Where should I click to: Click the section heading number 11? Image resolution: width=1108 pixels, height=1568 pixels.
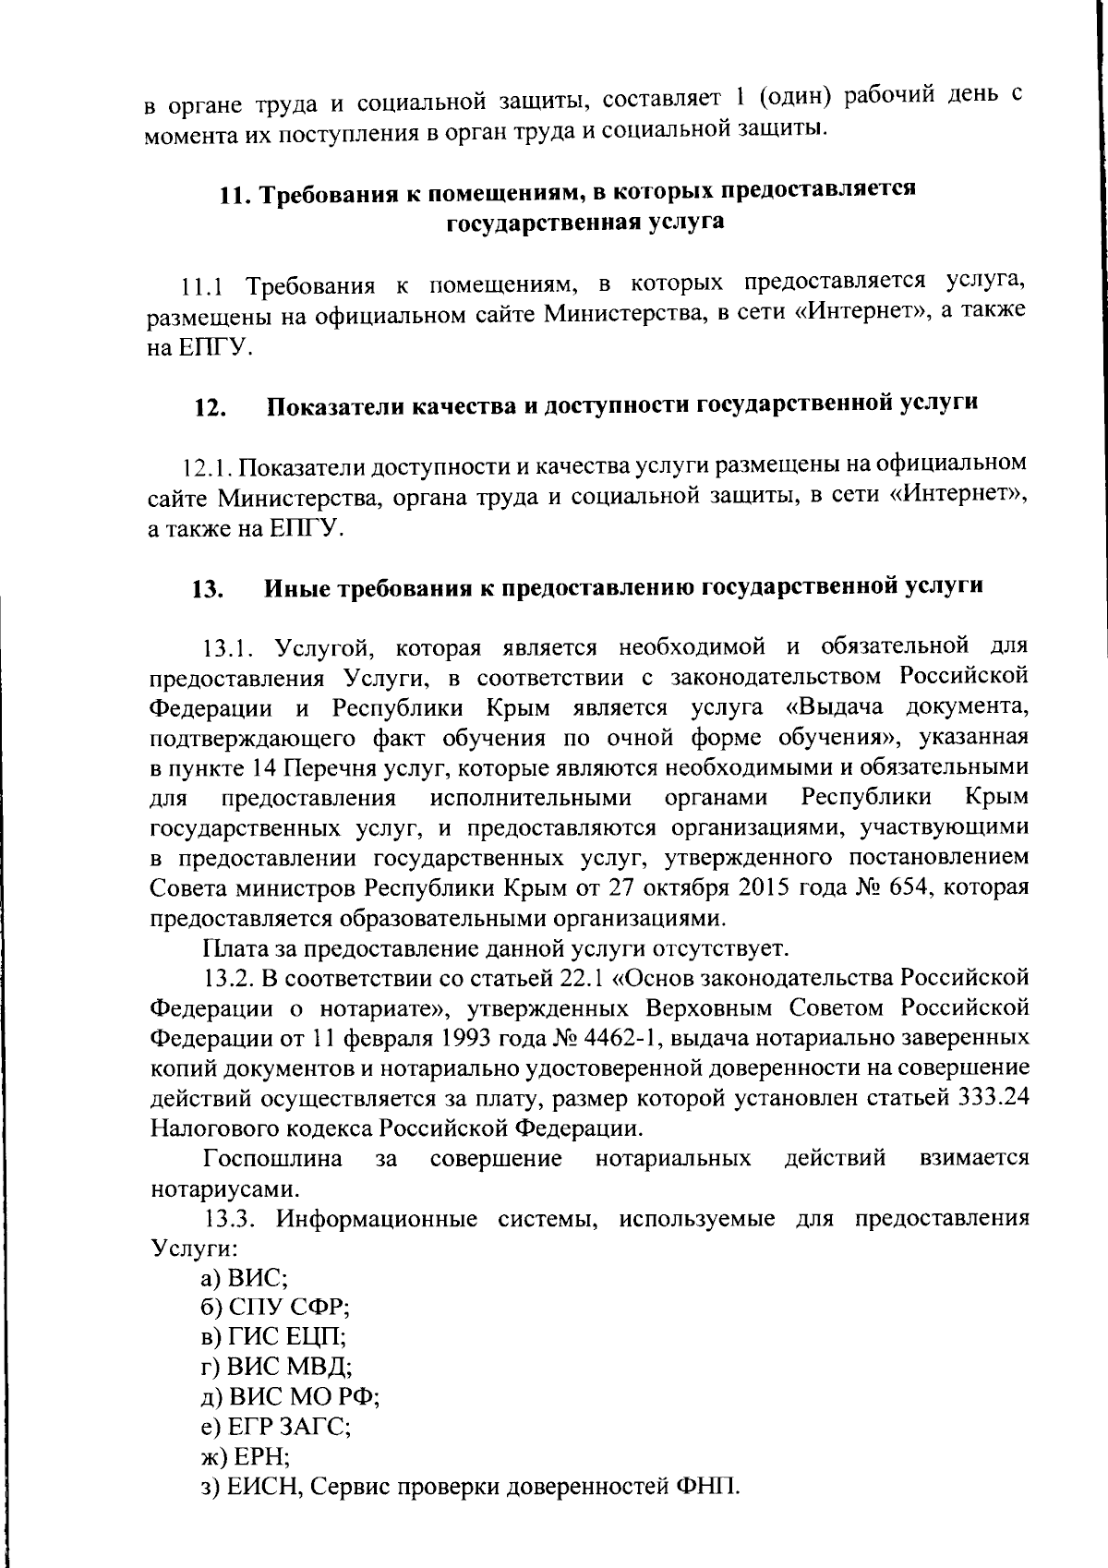235,194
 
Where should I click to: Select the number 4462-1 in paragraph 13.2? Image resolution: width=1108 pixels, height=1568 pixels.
616,1038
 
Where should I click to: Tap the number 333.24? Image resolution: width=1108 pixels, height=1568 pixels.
992,1098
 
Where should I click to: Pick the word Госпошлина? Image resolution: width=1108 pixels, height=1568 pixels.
272,1158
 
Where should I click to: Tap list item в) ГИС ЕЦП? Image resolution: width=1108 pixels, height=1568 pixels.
274,1337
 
